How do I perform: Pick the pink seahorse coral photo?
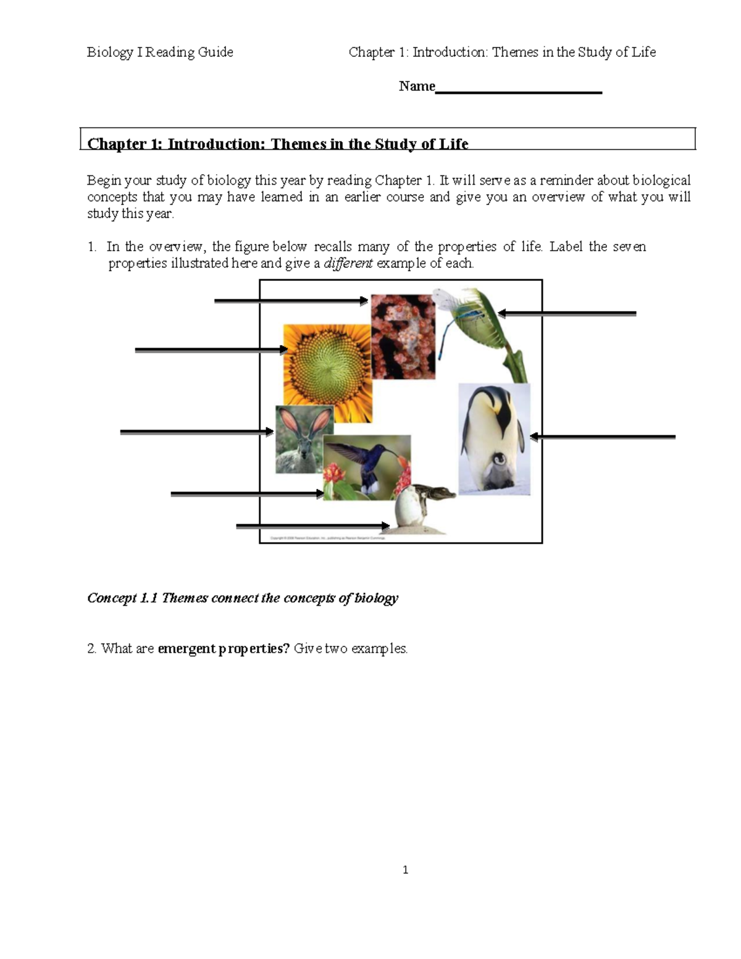tap(403, 337)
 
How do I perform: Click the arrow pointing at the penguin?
tap(602, 437)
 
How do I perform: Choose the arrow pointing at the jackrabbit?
tap(196, 432)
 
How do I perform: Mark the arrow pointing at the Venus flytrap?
tap(567, 314)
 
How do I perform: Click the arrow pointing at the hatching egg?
tap(312, 526)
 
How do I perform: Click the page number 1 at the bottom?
tap(405, 870)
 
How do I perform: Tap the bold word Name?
tap(417, 86)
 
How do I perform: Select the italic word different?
tap(348, 264)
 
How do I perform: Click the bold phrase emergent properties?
tap(224, 649)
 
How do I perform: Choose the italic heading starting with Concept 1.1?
tap(243, 598)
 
